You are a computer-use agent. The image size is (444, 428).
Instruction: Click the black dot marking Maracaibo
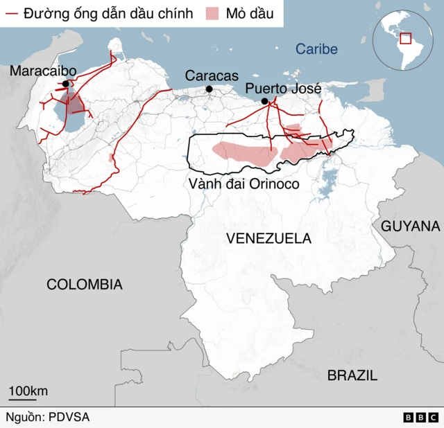click(66, 84)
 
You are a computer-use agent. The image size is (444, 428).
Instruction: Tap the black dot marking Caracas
click(209, 89)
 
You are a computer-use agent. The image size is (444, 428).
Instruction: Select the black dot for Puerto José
click(264, 101)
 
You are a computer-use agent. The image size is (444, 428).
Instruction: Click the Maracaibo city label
click(43, 71)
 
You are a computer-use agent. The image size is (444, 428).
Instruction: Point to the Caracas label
click(212, 75)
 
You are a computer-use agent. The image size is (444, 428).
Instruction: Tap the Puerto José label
click(284, 89)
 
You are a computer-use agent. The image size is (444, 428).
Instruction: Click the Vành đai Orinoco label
click(243, 184)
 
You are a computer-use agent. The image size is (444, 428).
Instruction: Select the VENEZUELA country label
click(268, 238)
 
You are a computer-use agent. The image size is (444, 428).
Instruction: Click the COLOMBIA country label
click(85, 284)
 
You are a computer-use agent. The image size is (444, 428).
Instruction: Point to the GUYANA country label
click(410, 226)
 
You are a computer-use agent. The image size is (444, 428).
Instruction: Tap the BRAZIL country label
click(352, 375)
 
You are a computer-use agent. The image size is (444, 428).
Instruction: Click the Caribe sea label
click(316, 49)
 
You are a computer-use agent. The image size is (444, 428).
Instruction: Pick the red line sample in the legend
click(11, 14)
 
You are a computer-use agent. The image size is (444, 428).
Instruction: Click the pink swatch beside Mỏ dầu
click(214, 14)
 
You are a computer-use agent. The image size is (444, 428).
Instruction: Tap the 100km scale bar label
click(28, 391)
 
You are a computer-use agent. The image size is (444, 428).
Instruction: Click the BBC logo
click(420, 418)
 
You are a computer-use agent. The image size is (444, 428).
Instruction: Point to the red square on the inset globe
click(405, 39)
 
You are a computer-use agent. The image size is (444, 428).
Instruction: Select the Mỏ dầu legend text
click(250, 14)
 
